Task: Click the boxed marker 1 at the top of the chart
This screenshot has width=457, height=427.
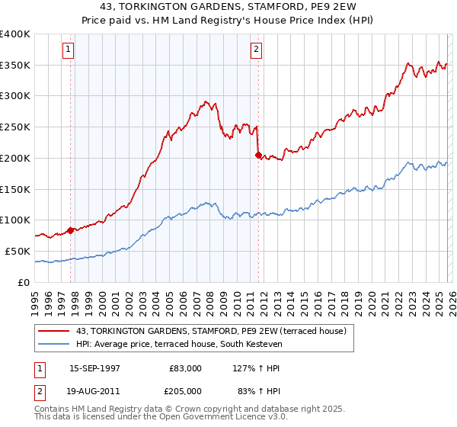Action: point(68,50)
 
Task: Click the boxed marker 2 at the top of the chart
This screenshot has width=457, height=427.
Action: point(256,50)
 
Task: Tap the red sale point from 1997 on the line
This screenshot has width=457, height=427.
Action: point(71,230)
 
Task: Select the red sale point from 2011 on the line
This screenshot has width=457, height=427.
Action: point(258,155)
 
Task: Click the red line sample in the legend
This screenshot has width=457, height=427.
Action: point(54,331)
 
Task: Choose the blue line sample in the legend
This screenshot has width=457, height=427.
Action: point(54,345)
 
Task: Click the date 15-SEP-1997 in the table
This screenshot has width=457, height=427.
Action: point(94,368)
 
